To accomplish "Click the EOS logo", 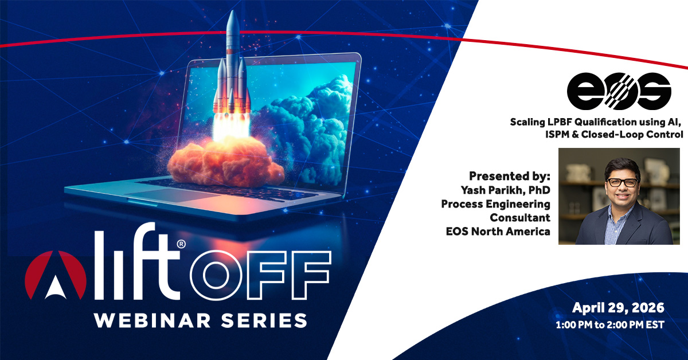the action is [619, 91].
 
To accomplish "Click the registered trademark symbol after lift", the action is [181, 244].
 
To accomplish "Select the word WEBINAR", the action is [153, 320].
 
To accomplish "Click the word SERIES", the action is [264, 320].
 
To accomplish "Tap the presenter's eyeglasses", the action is [622, 182].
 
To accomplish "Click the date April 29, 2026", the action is [618, 308].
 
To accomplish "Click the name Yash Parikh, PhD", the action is [506, 190].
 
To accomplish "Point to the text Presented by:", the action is [510, 176].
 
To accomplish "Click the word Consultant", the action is [520, 217].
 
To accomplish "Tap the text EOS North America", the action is [498, 231].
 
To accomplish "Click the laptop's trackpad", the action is [172, 195].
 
